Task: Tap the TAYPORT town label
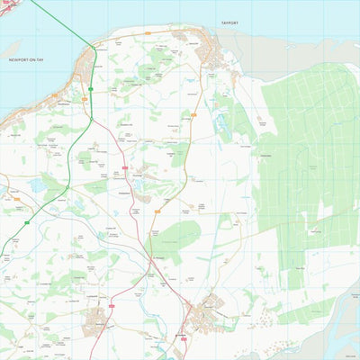[x=229, y=23]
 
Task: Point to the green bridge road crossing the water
[x=63, y=22]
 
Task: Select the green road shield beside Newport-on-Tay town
[x=89, y=87]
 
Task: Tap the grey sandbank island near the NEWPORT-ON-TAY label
[x=11, y=48]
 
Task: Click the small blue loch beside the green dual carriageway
[x=38, y=184]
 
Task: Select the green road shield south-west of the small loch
[x=28, y=221]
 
